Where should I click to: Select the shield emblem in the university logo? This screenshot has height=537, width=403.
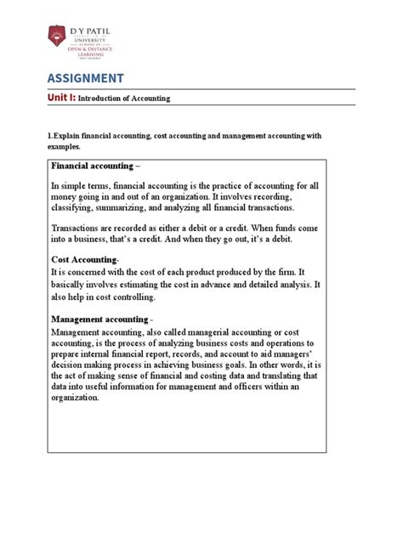point(57,37)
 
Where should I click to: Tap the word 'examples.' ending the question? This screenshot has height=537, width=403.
point(66,147)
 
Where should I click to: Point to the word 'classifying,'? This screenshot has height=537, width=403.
point(76,207)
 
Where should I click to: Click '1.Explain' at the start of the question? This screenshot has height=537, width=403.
point(66,137)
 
